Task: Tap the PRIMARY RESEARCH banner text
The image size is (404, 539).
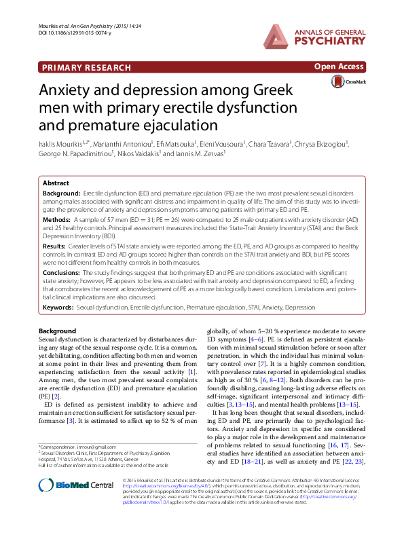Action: [x=86, y=67]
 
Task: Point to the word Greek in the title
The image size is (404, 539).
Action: [x=266, y=90]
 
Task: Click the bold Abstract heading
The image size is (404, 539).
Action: [x=56, y=183]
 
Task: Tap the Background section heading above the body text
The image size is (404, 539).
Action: [x=58, y=330]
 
